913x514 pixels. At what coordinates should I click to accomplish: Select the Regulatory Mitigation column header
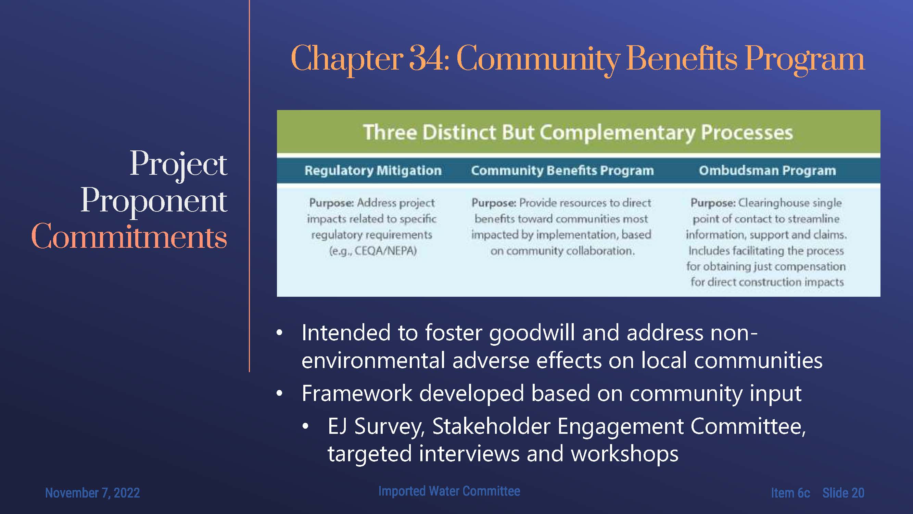pyautogui.click(x=373, y=171)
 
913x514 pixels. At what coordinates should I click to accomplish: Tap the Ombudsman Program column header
pyautogui.click(x=767, y=171)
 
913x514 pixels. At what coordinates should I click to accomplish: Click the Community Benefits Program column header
pyautogui.click(x=562, y=171)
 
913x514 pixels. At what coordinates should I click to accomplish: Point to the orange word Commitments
pyautogui.click(x=129, y=236)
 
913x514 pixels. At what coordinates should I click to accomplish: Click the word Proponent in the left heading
pyautogui.click(x=154, y=201)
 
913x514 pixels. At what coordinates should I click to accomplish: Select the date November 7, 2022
pyautogui.click(x=92, y=493)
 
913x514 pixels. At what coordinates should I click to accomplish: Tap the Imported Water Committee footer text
pyautogui.click(x=449, y=491)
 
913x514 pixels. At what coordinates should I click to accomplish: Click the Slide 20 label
pyautogui.click(x=843, y=493)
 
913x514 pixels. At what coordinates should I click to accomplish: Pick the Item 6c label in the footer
pyautogui.click(x=790, y=493)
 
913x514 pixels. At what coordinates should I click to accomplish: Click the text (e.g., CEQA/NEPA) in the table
pyautogui.click(x=373, y=251)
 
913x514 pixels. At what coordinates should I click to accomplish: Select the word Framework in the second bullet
pyautogui.click(x=357, y=393)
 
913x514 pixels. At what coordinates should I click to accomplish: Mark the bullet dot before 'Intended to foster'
pyautogui.click(x=280, y=333)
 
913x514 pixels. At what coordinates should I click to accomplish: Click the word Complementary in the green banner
pyautogui.click(x=617, y=133)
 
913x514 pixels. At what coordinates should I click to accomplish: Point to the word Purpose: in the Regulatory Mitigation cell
pyautogui.click(x=331, y=203)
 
